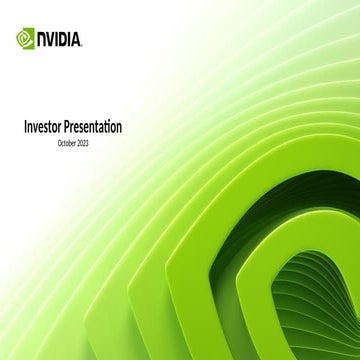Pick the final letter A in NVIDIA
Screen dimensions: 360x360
(x=77, y=41)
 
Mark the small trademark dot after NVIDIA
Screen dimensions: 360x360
(x=83, y=45)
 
